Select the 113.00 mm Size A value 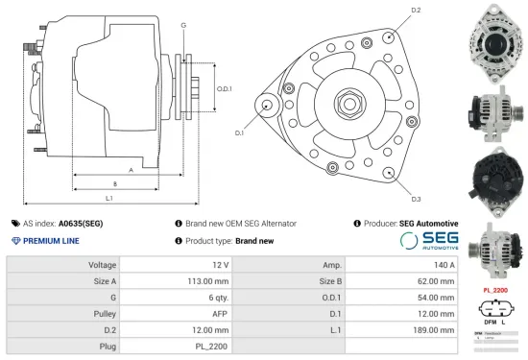(207, 281)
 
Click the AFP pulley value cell (220, 313)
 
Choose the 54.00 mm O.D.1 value (436, 297)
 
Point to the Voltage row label (103, 264)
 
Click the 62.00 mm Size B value (436, 281)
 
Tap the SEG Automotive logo (429, 241)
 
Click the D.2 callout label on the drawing (416, 11)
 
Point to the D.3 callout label (416, 199)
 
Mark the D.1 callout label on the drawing (239, 133)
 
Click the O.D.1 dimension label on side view (225, 88)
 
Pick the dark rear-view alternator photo (492, 179)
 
